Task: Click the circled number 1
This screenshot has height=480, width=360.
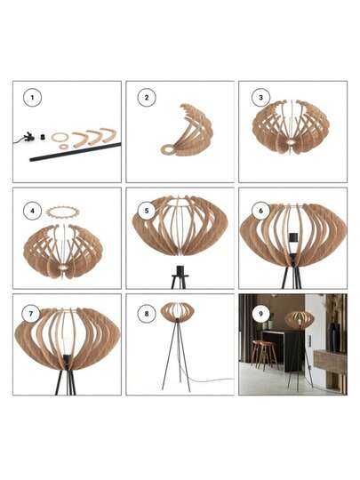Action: pyautogui.click(x=33, y=99)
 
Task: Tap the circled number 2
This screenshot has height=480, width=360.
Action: pyautogui.click(x=146, y=99)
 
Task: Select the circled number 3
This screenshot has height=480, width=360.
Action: pyautogui.click(x=260, y=99)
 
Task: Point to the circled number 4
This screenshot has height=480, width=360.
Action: pyautogui.click(x=33, y=211)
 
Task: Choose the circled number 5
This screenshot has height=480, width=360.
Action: pyautogui.click(x=146, y=211)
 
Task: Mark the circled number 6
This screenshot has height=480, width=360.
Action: pyautogui.click(x=260, y=211)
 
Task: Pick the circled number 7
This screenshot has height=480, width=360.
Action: pyautogui.click(x=33, y=313)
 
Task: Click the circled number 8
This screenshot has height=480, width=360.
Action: pyautogui.click(x=146, y=313)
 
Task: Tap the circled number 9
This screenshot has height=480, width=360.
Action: pyautogui.click(x=260, y=313)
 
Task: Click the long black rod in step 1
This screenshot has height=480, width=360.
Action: pyautogui.click(x=75, y=150)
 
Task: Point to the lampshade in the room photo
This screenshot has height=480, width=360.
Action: pyautogui.click(x=299, y=320)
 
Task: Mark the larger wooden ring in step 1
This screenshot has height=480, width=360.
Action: pyautogui.click(x=60, y=137)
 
